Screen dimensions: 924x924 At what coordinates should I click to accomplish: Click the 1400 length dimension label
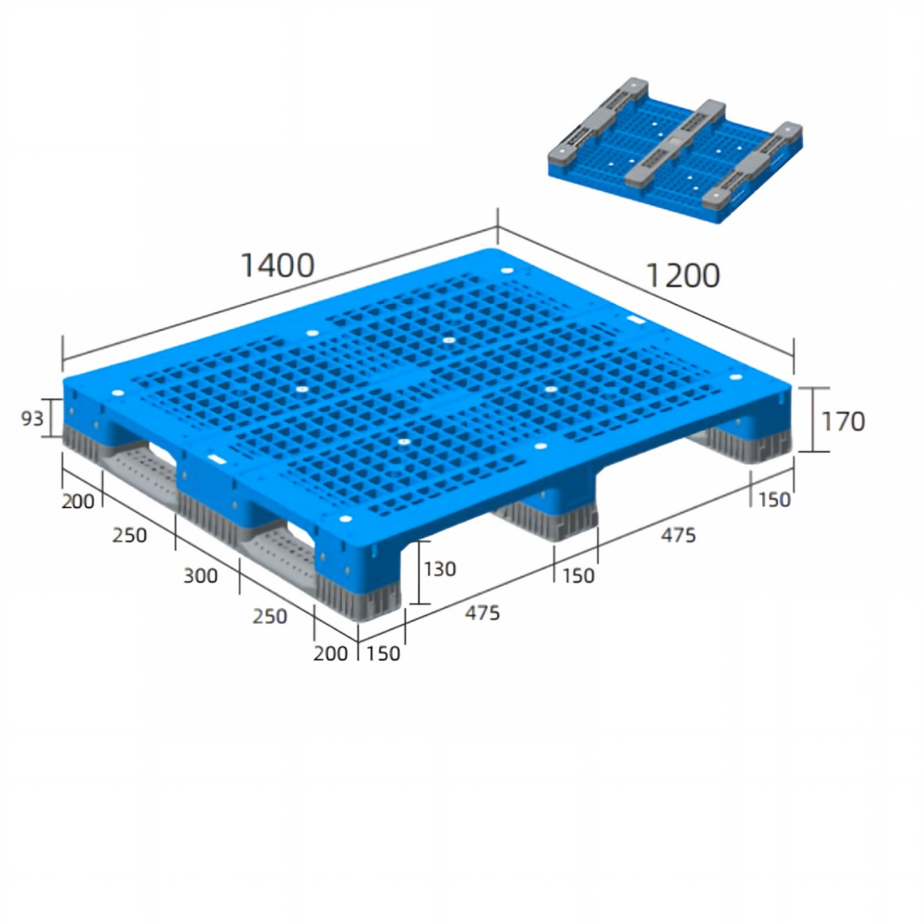click(x=277, y=266)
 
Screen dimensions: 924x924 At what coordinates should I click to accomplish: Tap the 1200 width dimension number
click(x=683, y=275)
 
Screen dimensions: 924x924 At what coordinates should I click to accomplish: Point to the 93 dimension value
click(x=31, y=419)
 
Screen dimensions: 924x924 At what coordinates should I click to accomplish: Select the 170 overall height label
click(x=843, y=421)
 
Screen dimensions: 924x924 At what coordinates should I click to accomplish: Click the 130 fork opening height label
click(x=440, y=569)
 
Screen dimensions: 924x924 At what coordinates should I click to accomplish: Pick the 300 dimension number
click(x=201, y=576)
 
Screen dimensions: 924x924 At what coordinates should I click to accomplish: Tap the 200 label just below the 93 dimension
click(x=78, y=502)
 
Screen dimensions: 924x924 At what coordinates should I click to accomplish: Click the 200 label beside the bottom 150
click(x=330, y=653)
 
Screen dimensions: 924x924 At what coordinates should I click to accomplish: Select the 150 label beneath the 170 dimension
click(x=773, y=500)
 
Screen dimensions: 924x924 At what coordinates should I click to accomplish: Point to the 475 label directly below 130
click(x=482, y=613)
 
